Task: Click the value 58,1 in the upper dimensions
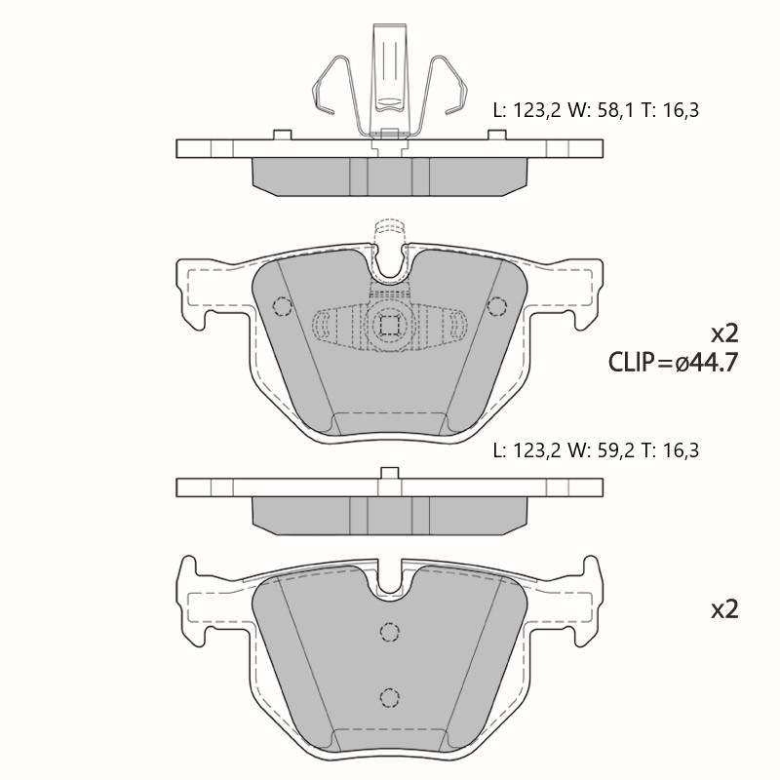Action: pyautogui.click(x=615, y=110)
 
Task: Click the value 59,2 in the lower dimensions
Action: pyautogui.click(x=615, y=450)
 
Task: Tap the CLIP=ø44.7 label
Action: pyautogui.click(x=673, y=362)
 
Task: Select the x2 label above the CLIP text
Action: pyautogui.click(x=724, y=333)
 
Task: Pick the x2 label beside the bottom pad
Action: pyautogui.click(x=724, y=608)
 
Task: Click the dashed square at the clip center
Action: pyautogui.click(x=389, y=326)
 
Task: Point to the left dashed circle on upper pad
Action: pyautogui.click(x=283, y=306)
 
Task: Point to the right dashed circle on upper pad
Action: pyautogui.click(x=497, y=306)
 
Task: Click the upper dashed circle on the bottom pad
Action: pyautogui.click(x=389, y=632)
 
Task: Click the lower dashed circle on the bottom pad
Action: pyautogui.click(x=389, y=697)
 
